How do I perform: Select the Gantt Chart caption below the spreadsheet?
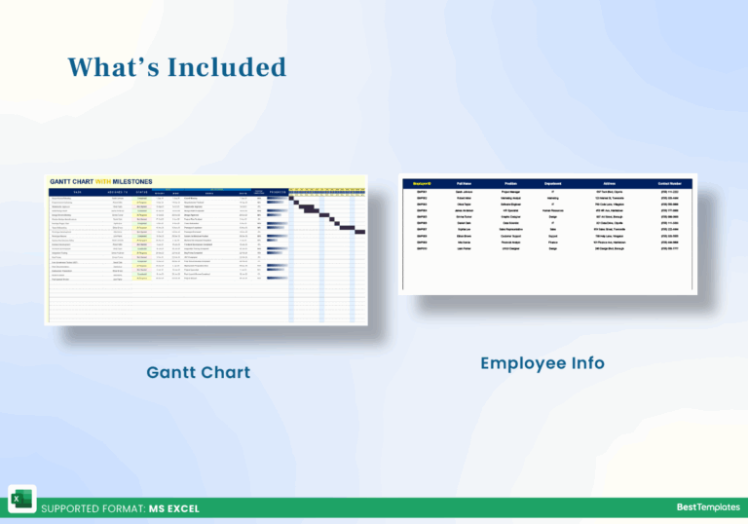(199, 372)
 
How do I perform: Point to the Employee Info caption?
(542, 363)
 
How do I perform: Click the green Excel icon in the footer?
(20, 498)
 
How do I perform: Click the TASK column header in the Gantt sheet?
(78, 193)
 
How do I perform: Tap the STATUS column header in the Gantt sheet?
(142, 193)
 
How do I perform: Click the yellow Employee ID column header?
(422, 182)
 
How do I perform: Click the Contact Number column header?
(670, 182)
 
